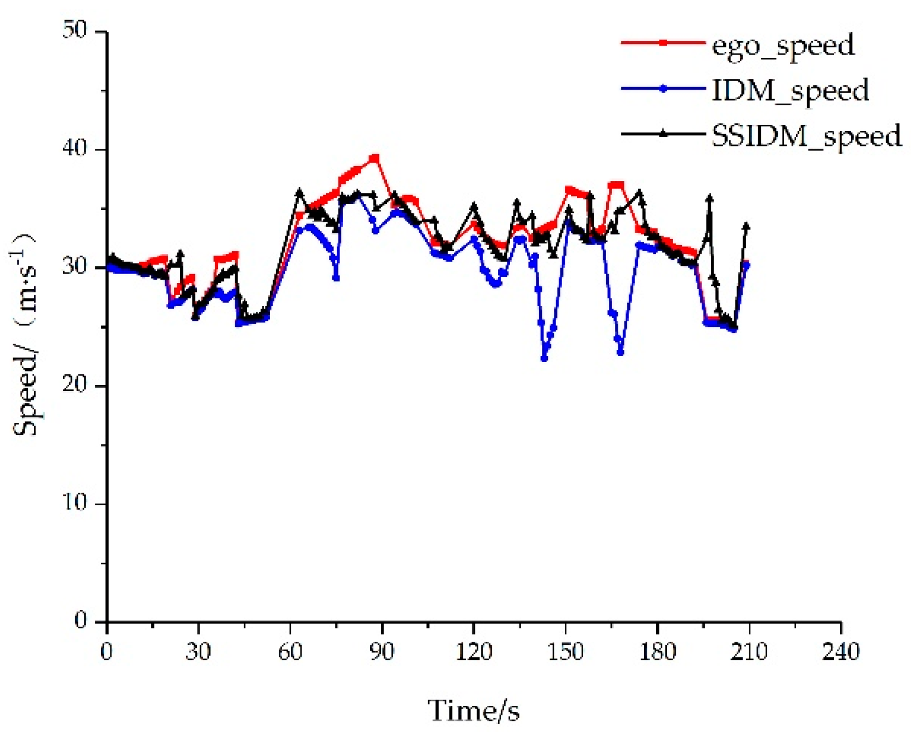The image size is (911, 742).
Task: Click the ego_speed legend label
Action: point(783,45)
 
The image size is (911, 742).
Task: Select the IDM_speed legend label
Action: point(790,90)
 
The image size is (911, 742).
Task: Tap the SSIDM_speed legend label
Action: point(806,135)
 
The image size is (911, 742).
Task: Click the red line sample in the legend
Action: point(662,42)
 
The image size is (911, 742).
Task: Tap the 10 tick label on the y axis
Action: point(75,502)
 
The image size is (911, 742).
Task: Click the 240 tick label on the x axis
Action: point(841,651)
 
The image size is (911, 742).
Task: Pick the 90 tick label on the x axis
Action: point(382,651)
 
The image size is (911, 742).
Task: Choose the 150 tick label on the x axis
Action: point(565,651)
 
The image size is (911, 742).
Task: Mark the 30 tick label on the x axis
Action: point(198,651)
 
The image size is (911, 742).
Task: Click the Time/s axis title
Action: point(473,711)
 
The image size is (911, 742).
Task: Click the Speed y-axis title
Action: point(25,334)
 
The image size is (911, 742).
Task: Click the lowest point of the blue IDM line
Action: point(544,359)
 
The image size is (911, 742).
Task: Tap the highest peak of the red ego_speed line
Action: point(375,158)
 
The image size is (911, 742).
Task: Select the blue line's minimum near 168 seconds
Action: point(621,352)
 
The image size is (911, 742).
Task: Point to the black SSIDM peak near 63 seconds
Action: point(299,192)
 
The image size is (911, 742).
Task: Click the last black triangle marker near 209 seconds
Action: point(746,227)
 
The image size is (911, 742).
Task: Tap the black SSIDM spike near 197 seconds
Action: point(710,198)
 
